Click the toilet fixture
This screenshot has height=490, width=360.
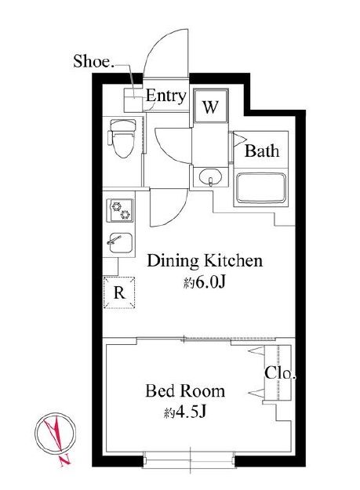122,138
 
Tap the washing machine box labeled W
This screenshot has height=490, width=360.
210,106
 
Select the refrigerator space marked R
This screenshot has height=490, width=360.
119,292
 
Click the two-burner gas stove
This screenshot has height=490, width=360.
120,210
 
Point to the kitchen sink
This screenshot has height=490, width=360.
120,243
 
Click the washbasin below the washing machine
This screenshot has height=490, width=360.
210,176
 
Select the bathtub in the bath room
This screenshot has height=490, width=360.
260,187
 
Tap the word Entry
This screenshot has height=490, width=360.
166,96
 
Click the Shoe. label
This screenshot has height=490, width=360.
93,61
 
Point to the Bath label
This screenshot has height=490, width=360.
262,151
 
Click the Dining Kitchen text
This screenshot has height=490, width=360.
205,260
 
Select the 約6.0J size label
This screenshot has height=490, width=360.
204,283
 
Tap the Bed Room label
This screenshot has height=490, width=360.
185,391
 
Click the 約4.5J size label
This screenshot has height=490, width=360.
185,413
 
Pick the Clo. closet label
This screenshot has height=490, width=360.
280,373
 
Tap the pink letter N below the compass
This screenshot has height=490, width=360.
65,459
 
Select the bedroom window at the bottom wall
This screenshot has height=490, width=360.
190,459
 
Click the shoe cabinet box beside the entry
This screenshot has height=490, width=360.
133,100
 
